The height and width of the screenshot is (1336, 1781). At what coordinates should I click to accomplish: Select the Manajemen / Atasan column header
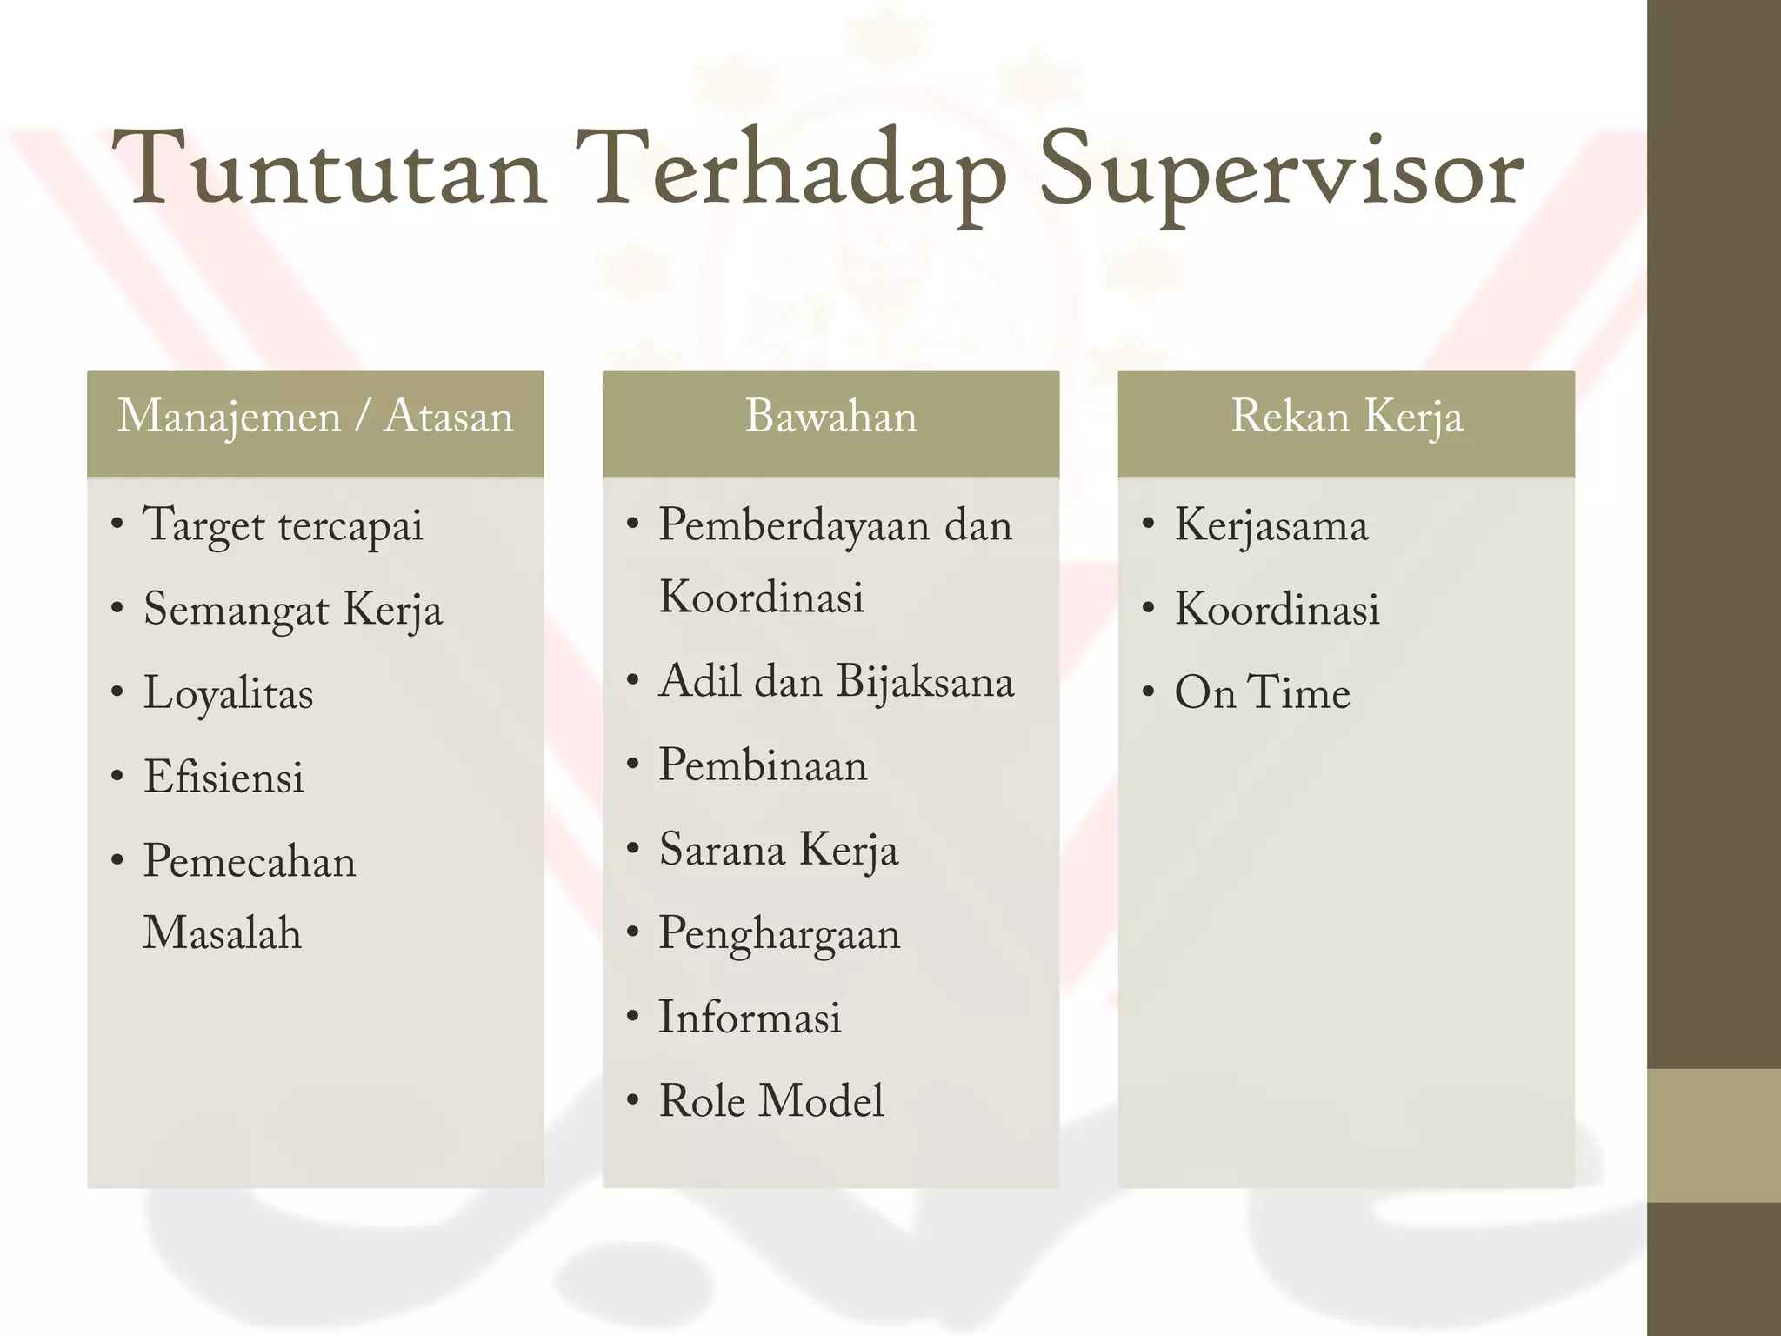coord(315,417)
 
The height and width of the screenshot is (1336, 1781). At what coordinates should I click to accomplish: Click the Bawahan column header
coord(830,417)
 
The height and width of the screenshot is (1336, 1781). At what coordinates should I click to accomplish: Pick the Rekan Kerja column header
coord(1346,417)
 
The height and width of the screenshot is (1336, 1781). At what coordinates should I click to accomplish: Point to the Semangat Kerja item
coord(292,610)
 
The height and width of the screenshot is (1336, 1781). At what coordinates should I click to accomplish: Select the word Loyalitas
coord(228,694)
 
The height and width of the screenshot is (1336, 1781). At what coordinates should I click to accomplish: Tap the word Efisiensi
coord(223,777)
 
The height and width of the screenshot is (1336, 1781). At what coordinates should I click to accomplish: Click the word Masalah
coord(222,933)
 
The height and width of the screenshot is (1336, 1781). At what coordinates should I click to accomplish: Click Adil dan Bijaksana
coord(836,681)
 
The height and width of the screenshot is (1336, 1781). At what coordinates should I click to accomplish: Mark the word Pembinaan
coord(763,765)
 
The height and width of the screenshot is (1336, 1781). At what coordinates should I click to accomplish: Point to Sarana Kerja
coord(778,850)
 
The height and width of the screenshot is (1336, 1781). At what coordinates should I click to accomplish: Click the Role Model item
coord(771,1101)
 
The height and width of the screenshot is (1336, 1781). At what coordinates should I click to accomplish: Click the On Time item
coord(1262,693)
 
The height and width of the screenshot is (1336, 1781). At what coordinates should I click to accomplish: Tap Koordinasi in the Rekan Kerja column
coord(1277,609)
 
